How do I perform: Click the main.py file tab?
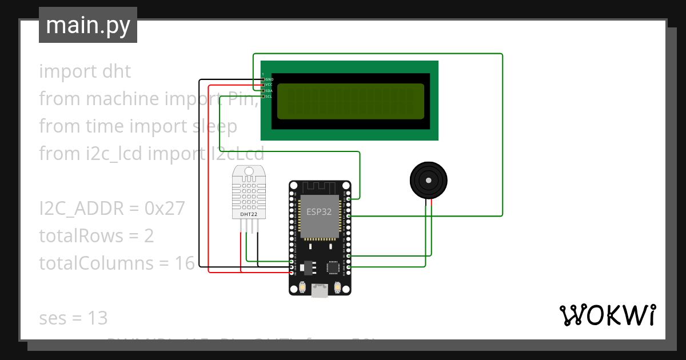coord(87,25)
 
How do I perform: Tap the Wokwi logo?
coord(607,315)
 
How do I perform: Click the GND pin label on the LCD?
coord(269,79)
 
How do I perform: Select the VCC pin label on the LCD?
coord(269,85)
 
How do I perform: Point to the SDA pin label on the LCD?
coord(269,91)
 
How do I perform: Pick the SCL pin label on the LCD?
coord(269,97)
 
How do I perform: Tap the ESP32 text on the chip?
coord(319,211)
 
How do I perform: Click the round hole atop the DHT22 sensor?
coord(248,171)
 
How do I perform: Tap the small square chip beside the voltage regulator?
coord(333,267)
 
